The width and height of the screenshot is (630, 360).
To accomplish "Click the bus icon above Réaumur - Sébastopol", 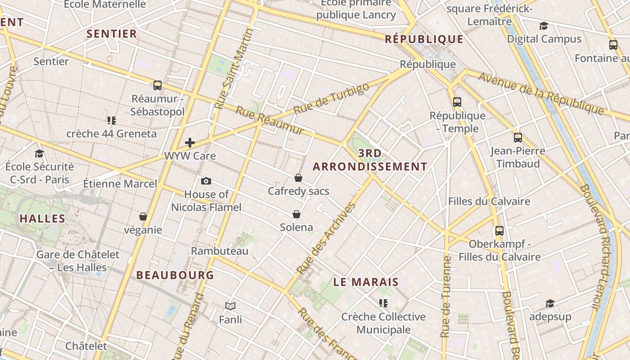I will (157, 85).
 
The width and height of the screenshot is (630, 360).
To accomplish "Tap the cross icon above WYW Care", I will (190, 143).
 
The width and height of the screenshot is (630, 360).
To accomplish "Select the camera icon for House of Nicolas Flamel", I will (206, 181).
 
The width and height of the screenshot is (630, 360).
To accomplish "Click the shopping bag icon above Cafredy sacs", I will (298, 178).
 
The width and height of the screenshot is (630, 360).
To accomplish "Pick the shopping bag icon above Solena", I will (296, 214).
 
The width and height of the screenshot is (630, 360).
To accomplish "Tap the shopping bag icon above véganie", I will (143, 216).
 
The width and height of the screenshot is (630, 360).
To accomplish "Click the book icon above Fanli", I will (230, 306).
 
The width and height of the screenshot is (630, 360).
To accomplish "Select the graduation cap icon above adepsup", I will (550, 303).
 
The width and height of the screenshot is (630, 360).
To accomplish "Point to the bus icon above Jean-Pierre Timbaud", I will (518, 137).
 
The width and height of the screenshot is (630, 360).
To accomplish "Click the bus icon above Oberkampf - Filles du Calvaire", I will (499, 230).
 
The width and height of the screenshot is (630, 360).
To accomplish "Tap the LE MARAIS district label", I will (366, 282).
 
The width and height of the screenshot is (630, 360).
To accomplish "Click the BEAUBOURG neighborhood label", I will (175, 275).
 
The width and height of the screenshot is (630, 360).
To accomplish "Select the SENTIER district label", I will (112, 34).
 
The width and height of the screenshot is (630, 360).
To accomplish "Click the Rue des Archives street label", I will (327, 238).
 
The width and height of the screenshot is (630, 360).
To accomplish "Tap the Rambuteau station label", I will (220, 251).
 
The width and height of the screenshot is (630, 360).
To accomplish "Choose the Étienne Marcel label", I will (120, 184).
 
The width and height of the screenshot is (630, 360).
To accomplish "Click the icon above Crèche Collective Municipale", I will (383, 303).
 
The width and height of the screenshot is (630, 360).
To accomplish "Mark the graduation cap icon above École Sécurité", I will (39, 153).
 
